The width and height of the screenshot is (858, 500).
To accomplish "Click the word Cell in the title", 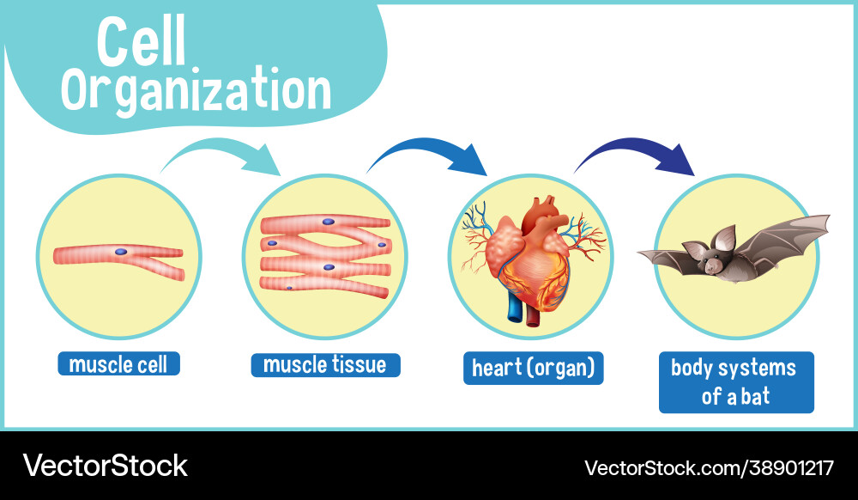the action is pyautogui.click(x=142, y=41).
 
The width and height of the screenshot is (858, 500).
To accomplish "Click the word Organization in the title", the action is pyautogui.click(x=196, y=91).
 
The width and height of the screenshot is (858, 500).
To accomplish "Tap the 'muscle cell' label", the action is pyautogui.click(x=118, y=363).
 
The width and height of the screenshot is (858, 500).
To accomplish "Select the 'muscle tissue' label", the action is pyautogui.click(x=325, y=365).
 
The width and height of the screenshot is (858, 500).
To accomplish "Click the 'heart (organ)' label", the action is pyautogui.click(x=534, y=368).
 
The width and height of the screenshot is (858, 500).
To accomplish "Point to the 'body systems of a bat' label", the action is pyautogui.click(x=736, y=382).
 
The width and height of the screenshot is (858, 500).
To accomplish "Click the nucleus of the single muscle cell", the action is pyautogui.click(x=121, y=252).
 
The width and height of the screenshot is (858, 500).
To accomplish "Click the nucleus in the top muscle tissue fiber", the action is pyautogui.click(x=329, y=222).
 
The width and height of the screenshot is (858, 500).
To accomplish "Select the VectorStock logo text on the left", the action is pyautogui.click(x=105, y=466).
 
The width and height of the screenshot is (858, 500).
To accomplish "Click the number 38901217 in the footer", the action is pyautogui.click(x=791, y=467).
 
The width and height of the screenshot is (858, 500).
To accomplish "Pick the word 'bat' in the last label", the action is pyautogui.click(x=755, y=396).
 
